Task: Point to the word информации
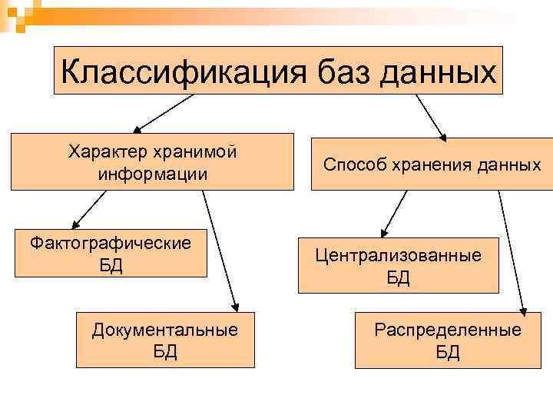(152, 173)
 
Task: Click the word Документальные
(165, 330)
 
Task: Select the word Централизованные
(398, 255)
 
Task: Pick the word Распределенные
(447, 330)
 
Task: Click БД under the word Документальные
(165, 352)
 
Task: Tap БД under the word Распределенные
(447, 352)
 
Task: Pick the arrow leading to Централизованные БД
(395, 211)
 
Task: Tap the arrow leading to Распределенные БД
(512, 250)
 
